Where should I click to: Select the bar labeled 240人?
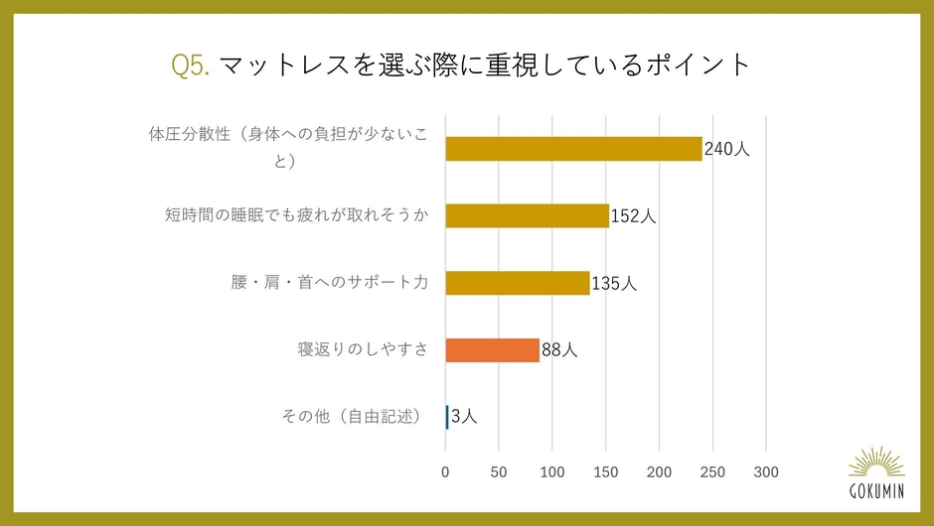(x=573, y=149)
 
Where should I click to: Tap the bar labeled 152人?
(x=527, y=215)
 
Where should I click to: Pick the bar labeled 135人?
(x=518, y=283)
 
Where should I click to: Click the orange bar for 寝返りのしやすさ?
(x=492, y=349)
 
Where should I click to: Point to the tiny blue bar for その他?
(x=447, y=417)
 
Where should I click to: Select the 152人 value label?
(x=633, y=215)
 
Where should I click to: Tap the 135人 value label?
(x=614, y=283)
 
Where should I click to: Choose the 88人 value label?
(x=559, y=349)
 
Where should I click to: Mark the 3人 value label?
(x=464, y=417)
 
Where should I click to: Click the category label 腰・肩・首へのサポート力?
(x=329, y=283)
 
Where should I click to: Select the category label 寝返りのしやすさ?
(x=362, y=349)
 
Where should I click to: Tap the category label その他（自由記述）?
(x=355, y=417)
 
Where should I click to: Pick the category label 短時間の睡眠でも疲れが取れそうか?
(x=296, y=215)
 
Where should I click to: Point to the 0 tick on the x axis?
(x=445, y=470)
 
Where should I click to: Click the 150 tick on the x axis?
(x=606, y=470)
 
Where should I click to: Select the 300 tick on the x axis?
(x=766, y=470)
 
